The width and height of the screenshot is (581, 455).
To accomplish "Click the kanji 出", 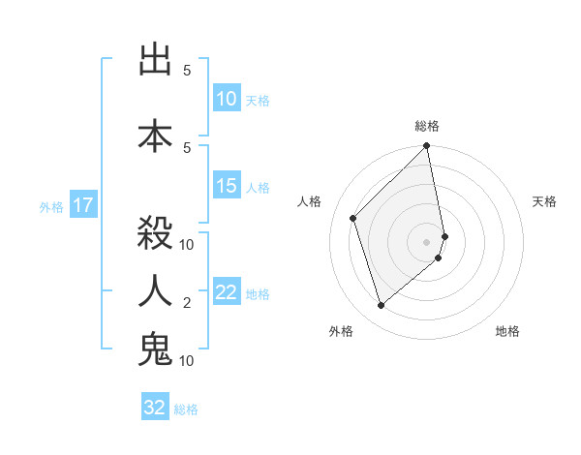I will (155, 61).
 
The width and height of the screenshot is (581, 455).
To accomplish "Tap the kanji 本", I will (155, 134).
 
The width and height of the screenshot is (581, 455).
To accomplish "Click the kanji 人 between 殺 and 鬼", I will (155, 290).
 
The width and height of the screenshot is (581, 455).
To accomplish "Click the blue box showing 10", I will (227, 99).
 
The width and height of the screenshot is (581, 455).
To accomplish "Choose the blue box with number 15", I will (227, 187).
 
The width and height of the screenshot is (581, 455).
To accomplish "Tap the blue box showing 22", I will (227, 293).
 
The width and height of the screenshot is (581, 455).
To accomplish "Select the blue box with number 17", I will (83, 205).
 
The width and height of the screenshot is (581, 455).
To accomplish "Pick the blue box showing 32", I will (155, 408).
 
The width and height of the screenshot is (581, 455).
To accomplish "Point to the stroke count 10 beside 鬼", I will (188, 361).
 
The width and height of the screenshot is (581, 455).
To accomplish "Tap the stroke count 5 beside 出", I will (187, 71).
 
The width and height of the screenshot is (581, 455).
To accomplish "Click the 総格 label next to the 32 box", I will (186, 409).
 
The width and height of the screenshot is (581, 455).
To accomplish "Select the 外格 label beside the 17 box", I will (51, 206).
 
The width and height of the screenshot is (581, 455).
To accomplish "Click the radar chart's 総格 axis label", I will (427, 126).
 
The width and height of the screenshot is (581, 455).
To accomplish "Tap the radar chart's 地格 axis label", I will (507, 332).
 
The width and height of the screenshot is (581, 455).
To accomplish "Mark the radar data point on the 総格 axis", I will (427, 147).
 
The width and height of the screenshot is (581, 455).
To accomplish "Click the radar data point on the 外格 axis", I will (381, 306).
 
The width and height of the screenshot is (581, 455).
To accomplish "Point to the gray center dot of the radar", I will (427, 241).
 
